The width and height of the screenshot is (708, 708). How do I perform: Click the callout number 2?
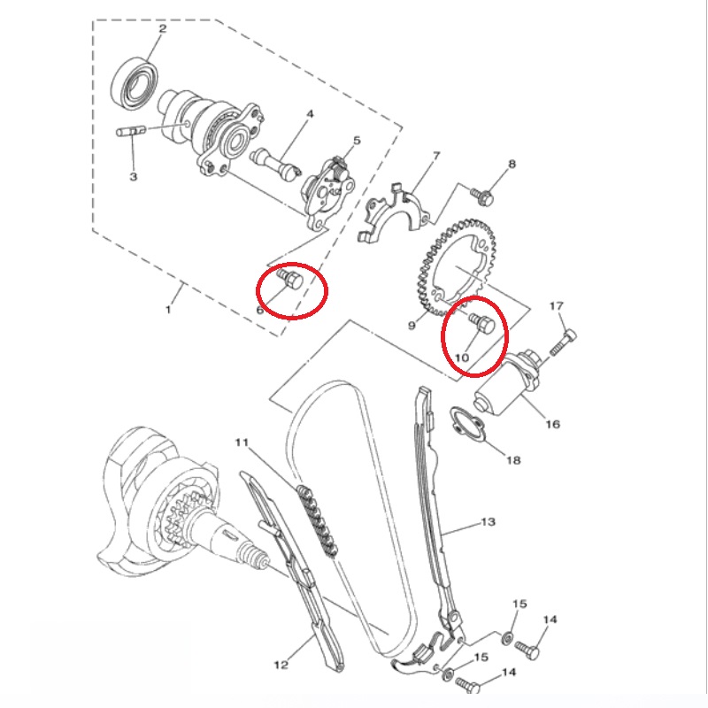[x=163, y=28]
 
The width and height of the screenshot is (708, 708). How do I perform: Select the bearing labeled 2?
[x=135, y=83]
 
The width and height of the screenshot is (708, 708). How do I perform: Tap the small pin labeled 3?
[x=131, y=131]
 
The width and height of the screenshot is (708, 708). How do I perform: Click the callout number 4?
[x=310, y=114]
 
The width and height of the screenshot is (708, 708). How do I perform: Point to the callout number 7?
[x=436, y=156]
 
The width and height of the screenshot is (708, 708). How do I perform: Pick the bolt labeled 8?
[x=481, y=196]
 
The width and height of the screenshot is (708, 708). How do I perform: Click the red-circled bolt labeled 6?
[x=290, y=280]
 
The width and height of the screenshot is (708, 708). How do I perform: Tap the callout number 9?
[x=412, y=325]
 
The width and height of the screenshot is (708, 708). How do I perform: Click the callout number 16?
[x=552, y=424]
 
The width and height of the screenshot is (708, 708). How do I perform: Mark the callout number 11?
[x=242, y=442]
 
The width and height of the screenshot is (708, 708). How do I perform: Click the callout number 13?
[x=489, y=522]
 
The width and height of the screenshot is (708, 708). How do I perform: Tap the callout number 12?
[x=281, y=665]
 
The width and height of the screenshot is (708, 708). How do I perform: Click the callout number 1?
[x=168, y=310]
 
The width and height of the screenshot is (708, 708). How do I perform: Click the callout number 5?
[x=357, y=141]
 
